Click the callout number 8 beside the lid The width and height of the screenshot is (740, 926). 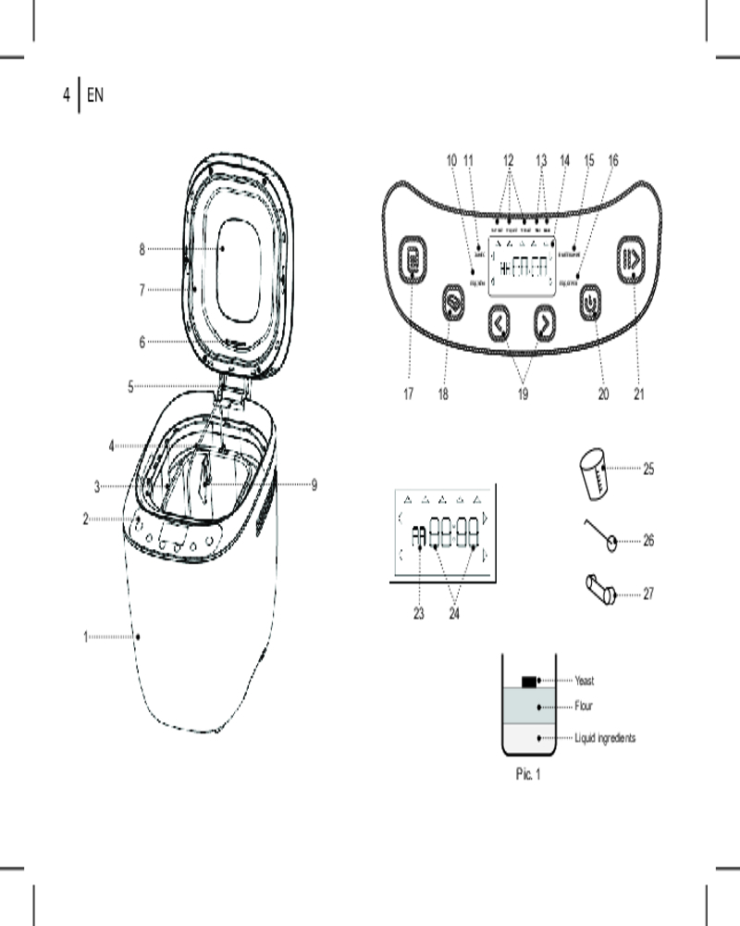[142, 249]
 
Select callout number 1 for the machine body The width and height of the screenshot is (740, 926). [86, 637]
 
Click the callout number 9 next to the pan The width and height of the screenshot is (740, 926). [314, 484]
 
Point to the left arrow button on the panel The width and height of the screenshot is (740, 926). [499, 323]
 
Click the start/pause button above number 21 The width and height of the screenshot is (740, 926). [634, 261]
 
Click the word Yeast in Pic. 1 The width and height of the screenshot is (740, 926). [585, 682]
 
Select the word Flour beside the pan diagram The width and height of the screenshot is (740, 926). [584, 707]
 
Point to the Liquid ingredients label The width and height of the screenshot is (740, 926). [605, 738]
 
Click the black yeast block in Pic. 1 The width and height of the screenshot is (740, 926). [529, 682]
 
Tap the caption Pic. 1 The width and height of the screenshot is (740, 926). [527, 774]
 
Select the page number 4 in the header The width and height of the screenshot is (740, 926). [66, 94]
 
